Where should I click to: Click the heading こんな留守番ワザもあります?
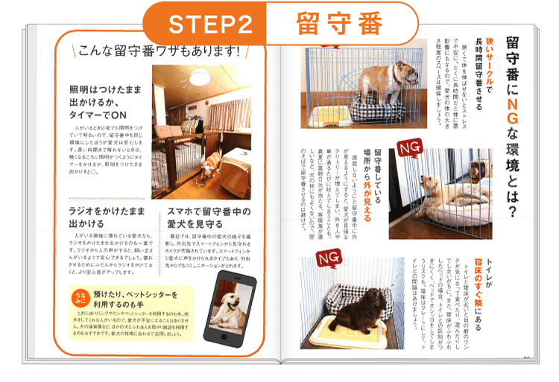[160, 51]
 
